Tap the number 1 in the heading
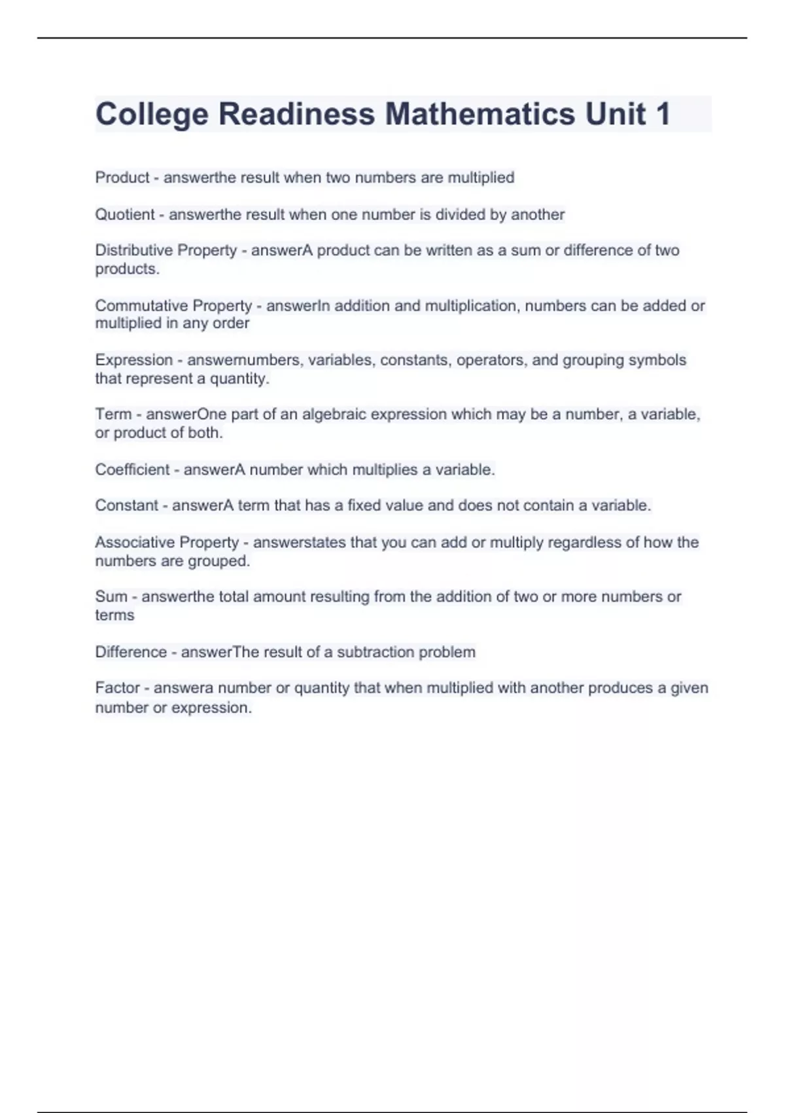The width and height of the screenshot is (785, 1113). (x=661, y=114)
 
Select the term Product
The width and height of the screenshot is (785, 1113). (x=122, y=177)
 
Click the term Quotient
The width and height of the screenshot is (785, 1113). (x=125, y=214)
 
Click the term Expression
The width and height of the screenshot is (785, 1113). (x=134, y=360)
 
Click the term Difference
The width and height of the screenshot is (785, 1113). (x=131, y=652)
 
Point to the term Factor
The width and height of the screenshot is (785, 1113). (x=118, y=688)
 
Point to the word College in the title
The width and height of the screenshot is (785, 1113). (x=152, y=114)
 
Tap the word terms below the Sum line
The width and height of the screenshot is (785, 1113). (x=114, y=615)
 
